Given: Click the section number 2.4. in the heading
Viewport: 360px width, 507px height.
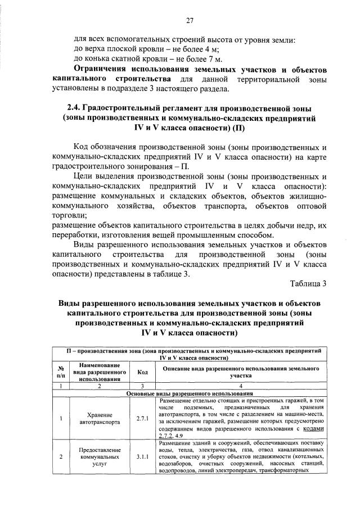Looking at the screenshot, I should [74, 108].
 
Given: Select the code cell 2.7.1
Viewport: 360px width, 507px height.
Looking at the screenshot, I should [142, 419].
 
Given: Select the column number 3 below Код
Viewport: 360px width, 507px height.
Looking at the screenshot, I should [142, 386].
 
